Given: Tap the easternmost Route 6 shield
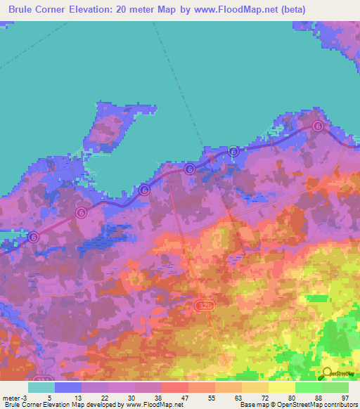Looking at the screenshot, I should pyautogui.click(x=318, y=126).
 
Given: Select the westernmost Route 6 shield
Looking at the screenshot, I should pyautogui.click(x=33, y=238).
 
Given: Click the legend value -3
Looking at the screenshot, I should pyautogui.click(x=26, y=397).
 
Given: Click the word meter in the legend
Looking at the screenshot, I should pyautogui.click(x=12, y=397).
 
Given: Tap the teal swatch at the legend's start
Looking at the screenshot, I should pyautogui.click(x=41, y=387).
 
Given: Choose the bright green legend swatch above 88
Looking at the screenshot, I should pyautogui.click(x=308, y=387).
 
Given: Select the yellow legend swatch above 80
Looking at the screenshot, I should pyautogui.click(x=281, y=387).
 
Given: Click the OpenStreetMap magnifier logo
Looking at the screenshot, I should pyautogui.click(x=326, y=372).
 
